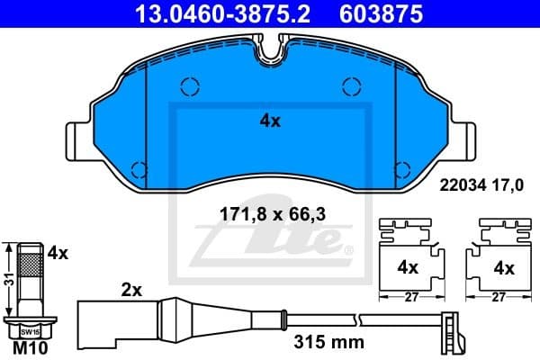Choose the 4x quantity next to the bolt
(58, 254)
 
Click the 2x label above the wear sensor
(133, 290)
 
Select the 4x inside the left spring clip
(408, 267)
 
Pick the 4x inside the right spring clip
(503, 267)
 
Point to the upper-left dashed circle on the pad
(189, 86)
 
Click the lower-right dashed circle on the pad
(401, 168)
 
